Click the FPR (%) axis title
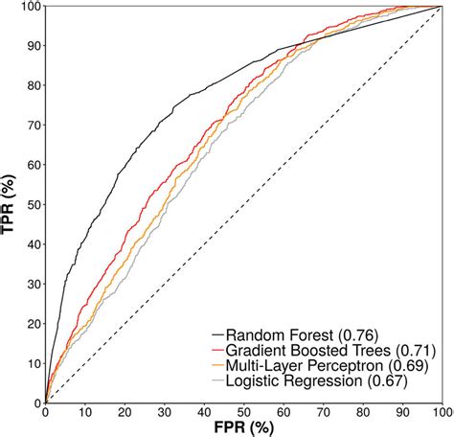click(243, 427)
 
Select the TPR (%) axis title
click(11, 203)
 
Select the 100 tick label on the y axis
click(29, 7)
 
